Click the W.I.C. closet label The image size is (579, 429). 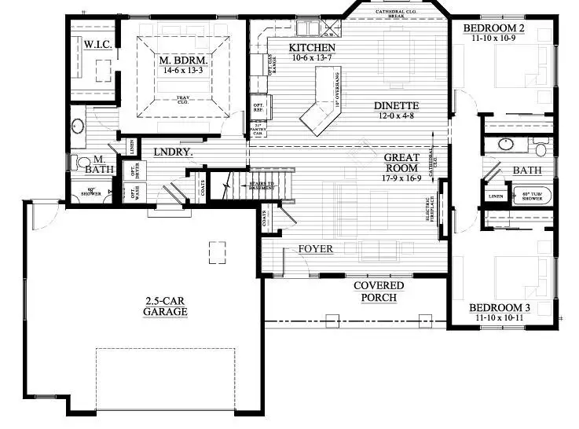98,46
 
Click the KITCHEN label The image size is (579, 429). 290,47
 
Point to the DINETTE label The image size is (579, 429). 395,106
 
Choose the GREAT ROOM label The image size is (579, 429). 401,163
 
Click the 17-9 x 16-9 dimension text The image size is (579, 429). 401,178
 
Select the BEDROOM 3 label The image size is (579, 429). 500,307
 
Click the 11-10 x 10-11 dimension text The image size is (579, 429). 500,318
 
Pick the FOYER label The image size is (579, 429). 315,249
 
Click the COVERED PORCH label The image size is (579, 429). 378,291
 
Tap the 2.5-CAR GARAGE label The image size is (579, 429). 165,306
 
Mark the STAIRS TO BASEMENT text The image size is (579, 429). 261,186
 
